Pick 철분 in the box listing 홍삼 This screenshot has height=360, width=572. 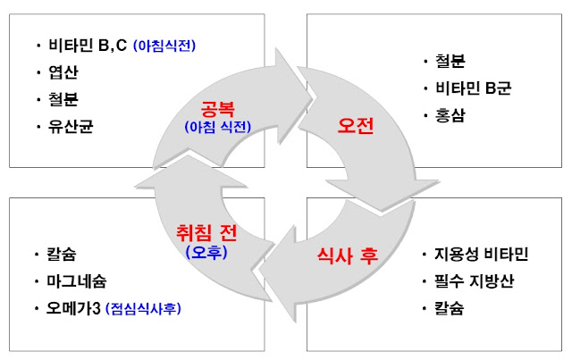pos(444,62)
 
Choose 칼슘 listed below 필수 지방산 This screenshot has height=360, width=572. pos(444,309)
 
